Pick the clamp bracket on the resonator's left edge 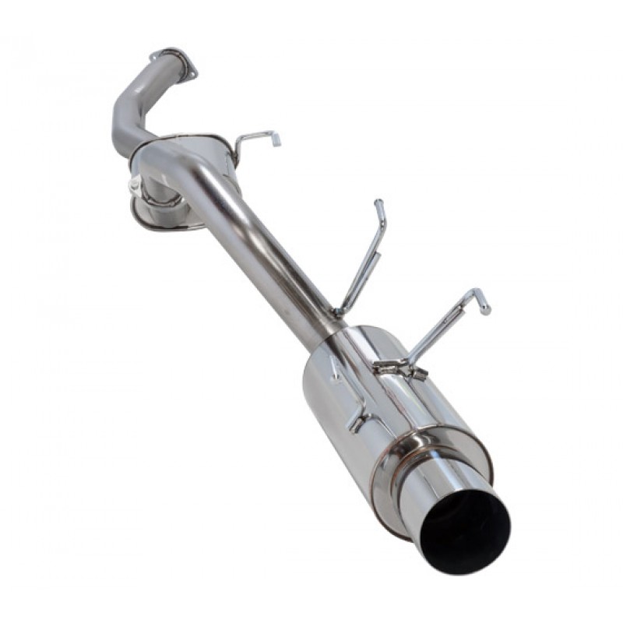(136, 186)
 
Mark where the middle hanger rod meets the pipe (340, 311)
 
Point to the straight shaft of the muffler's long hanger (444, 327)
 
